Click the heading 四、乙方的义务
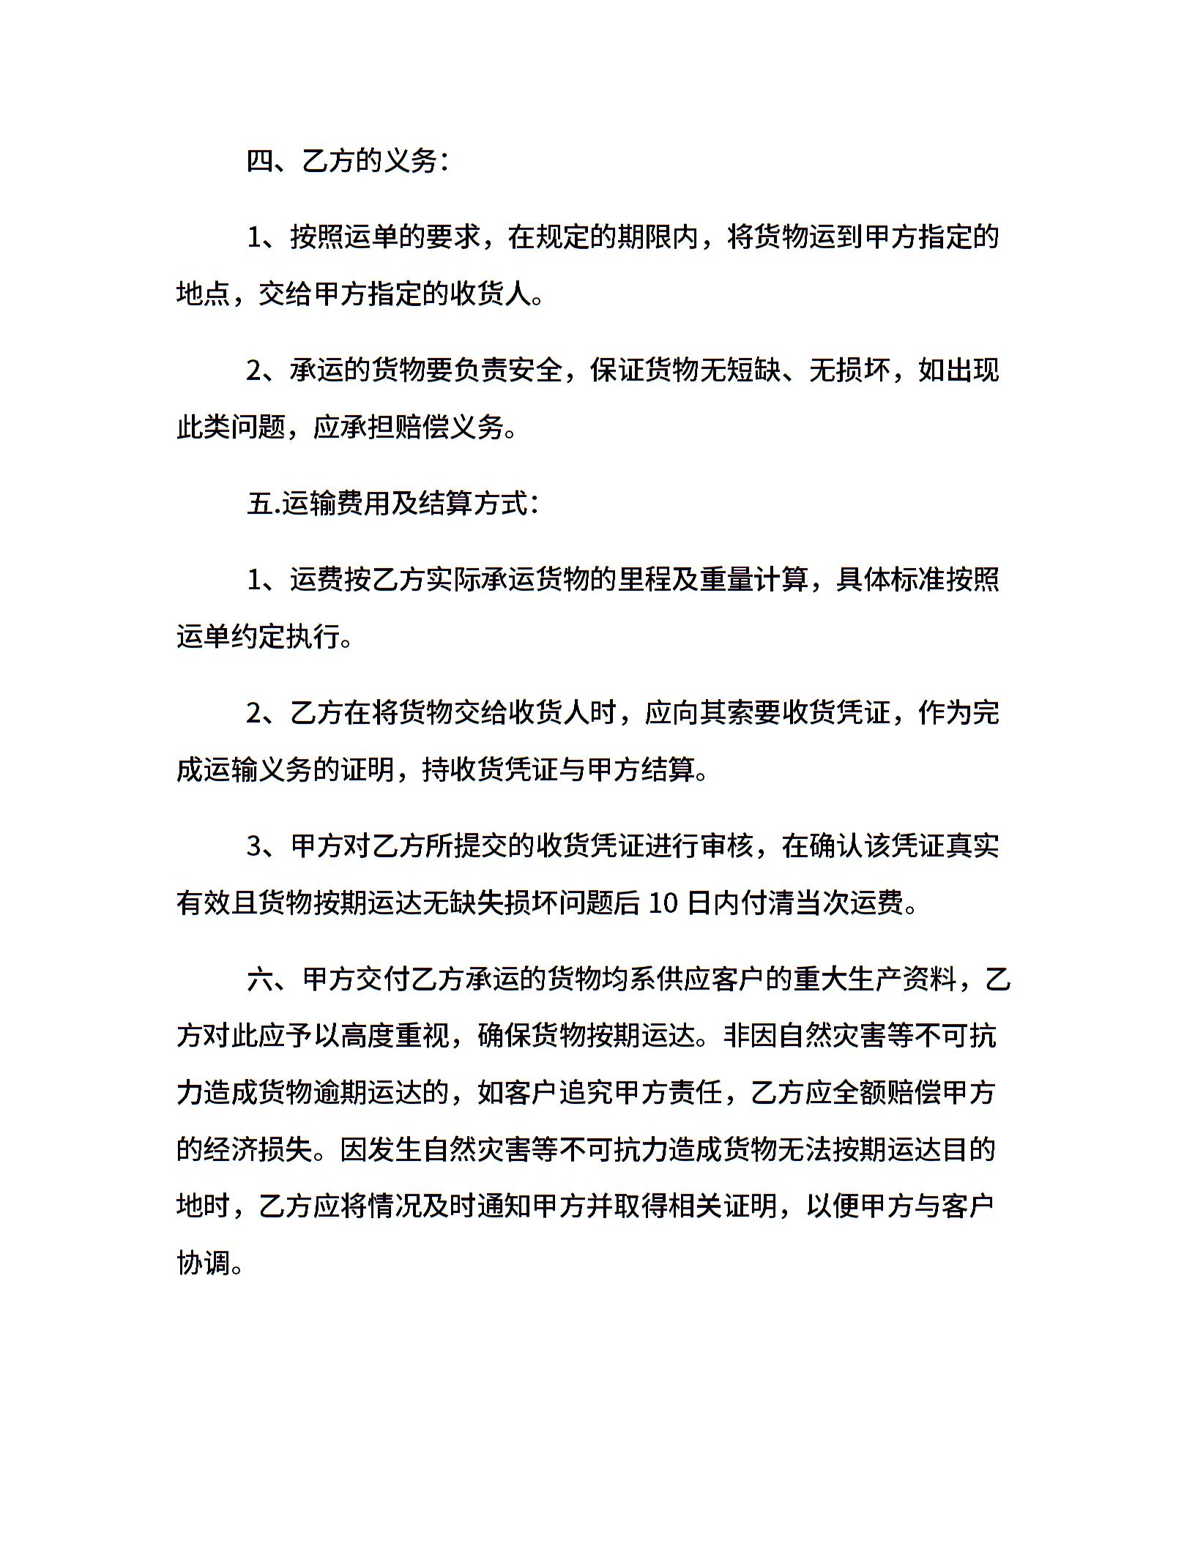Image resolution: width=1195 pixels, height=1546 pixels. tap(347, 161)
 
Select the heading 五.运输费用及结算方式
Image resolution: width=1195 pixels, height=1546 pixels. tap(392, 504)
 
